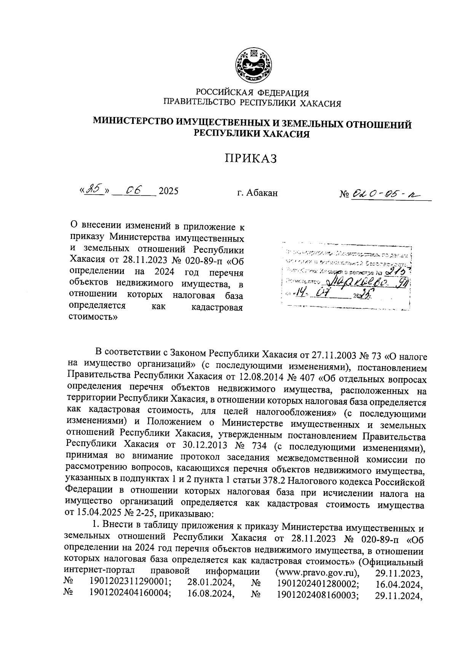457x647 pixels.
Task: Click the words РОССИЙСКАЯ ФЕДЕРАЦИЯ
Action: (252, 93)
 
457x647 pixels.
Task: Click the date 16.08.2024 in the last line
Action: (211, 594)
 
